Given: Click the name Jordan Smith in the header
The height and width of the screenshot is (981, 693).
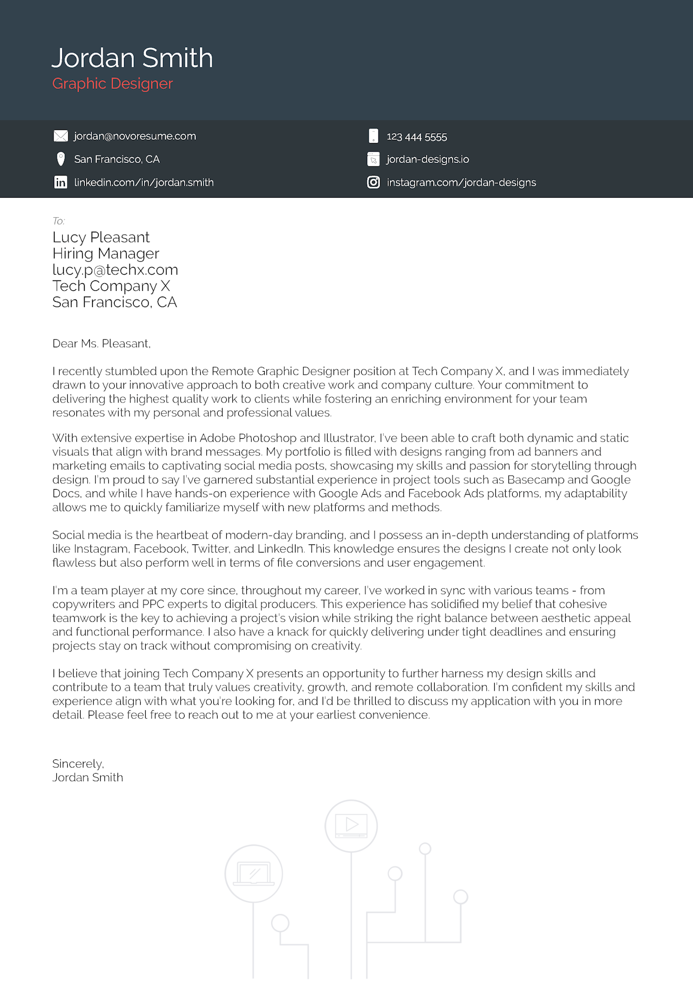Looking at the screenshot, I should (132, 58).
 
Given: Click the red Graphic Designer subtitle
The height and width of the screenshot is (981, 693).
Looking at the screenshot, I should (113, 83).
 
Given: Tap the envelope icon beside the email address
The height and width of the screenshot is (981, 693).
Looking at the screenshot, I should (61, 136).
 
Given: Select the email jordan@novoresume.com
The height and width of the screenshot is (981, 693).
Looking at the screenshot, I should (135, 136).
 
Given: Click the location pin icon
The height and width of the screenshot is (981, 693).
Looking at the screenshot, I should (61, 159).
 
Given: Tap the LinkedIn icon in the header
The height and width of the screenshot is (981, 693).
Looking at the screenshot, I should (61, 182).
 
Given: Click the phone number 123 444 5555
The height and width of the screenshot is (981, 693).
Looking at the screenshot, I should (416, 137).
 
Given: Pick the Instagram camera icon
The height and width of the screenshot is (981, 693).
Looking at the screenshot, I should (374, 182).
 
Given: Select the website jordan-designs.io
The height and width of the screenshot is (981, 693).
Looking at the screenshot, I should (427, 159).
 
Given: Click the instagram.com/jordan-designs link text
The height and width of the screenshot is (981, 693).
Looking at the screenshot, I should (461, 183).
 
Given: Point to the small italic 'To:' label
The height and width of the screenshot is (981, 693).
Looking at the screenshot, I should (58, 221).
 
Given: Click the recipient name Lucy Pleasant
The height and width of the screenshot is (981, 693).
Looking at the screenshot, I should (101, 237).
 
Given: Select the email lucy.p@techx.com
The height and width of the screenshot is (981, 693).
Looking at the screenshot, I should (115, 270).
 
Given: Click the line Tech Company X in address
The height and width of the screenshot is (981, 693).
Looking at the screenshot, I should (111, 286).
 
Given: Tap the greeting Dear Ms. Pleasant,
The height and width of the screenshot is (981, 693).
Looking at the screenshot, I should (101, 343).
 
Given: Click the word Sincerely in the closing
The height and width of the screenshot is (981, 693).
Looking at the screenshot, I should (77, 764).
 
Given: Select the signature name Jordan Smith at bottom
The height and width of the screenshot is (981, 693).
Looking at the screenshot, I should (88, 777).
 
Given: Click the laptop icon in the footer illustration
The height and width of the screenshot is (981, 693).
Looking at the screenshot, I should (253, 873).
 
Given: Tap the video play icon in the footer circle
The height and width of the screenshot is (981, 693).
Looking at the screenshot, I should (351, 825).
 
